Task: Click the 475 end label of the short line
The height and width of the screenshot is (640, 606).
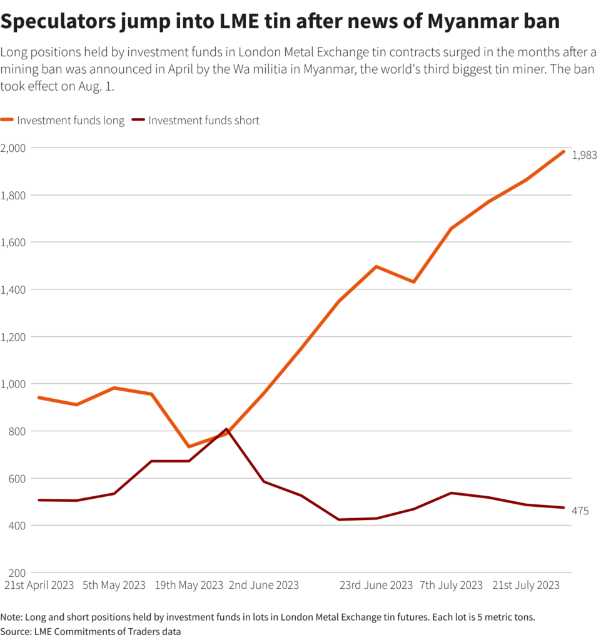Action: coord(580,511)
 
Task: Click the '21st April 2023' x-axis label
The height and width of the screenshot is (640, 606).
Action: coord(39,586)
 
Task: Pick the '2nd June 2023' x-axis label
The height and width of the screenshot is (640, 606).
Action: coord(264,586)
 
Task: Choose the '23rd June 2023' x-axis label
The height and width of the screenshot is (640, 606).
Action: coord(376,586)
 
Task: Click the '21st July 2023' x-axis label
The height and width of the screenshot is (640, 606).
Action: coord(526,586)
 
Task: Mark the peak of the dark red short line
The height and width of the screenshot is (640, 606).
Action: coord(226,429)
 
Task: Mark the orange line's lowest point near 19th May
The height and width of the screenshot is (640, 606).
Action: coord(189,447)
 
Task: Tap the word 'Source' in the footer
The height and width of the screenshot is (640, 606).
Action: coord(16,631)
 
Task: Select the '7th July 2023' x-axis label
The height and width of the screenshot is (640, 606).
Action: coord(451,586)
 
